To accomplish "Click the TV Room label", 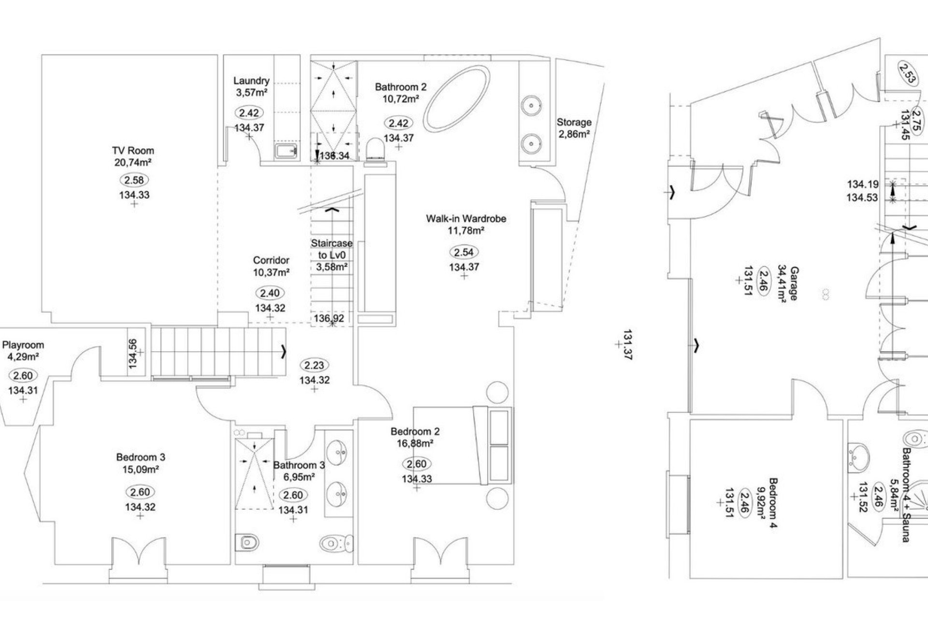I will [x=133, y=150].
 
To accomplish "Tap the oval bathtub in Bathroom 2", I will [x=457, y=98].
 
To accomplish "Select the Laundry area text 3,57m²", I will [x=251, y=92].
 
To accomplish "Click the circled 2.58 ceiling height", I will [x=134, y=180].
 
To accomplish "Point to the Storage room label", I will [x=574, y=122].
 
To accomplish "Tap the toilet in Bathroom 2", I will [x=375, y=148].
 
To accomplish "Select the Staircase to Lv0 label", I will [x=332, y=255].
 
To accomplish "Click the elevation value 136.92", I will [x=329, y=318].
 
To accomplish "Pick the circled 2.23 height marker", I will [x=314, y=365].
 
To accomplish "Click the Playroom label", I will [x=23, y=345].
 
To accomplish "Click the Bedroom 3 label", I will [x=141, y=457].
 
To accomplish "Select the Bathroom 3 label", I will [x=299, y=465].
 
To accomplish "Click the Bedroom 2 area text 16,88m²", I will [x=415, y=443].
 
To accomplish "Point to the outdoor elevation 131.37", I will [x=628, y=345].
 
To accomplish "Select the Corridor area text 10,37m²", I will [x=271, y=272].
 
